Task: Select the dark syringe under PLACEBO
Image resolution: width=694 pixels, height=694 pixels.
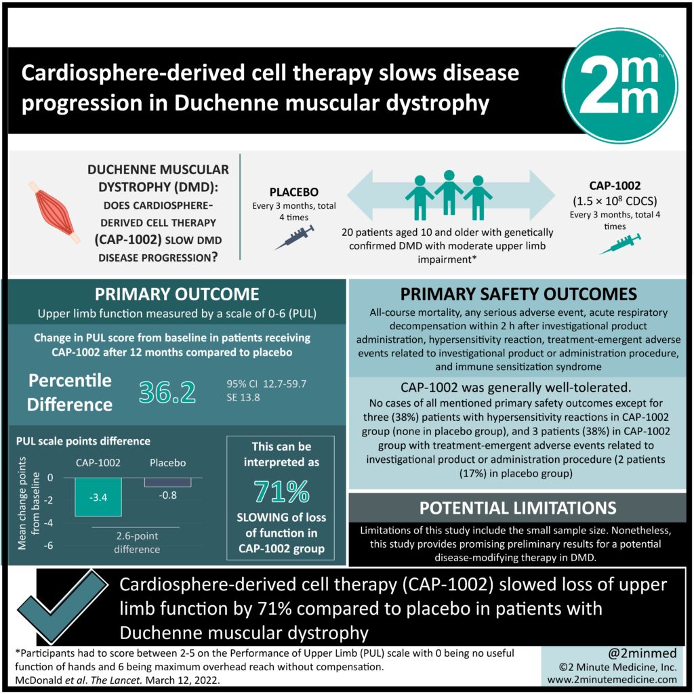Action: tap(295, 237)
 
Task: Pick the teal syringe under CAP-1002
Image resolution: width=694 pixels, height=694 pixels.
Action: tap(619, 244)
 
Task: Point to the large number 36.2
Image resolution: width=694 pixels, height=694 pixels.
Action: tap(167, 392)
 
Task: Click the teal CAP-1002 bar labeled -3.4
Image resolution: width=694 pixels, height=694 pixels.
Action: tap(98, 497)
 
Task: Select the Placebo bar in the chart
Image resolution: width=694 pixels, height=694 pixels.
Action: tap(168, 482)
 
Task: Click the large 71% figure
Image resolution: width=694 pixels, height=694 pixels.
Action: tap(281, 491)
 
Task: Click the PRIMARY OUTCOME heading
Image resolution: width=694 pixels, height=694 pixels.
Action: tap(177, 294)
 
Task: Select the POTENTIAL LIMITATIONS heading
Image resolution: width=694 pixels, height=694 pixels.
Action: tap(518, 508)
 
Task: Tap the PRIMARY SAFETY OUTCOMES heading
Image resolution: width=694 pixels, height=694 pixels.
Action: tap(518, 294)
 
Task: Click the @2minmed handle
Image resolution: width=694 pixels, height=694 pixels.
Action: tap(642, 653)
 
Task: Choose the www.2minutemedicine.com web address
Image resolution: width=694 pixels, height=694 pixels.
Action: tap(612, 680)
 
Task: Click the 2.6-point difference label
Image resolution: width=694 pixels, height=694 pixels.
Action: tap(137, 542)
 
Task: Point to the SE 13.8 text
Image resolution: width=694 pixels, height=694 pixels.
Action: tap(243, 397)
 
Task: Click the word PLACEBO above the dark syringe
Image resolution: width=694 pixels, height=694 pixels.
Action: tap(294, 192)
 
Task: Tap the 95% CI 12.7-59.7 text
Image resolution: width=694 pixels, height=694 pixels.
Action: tap(266, 384)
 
